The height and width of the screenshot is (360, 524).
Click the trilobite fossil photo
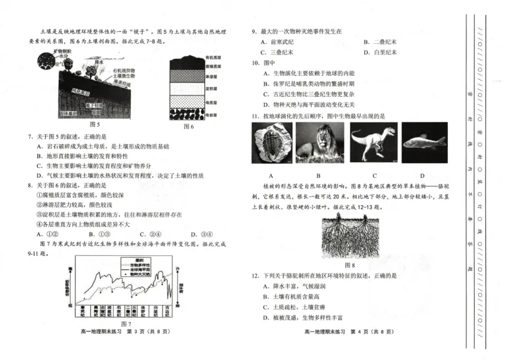[x=271, y=145]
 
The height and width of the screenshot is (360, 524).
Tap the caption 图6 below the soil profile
[x=189, y=126]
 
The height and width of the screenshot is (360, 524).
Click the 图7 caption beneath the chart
[x=126, y=323]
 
